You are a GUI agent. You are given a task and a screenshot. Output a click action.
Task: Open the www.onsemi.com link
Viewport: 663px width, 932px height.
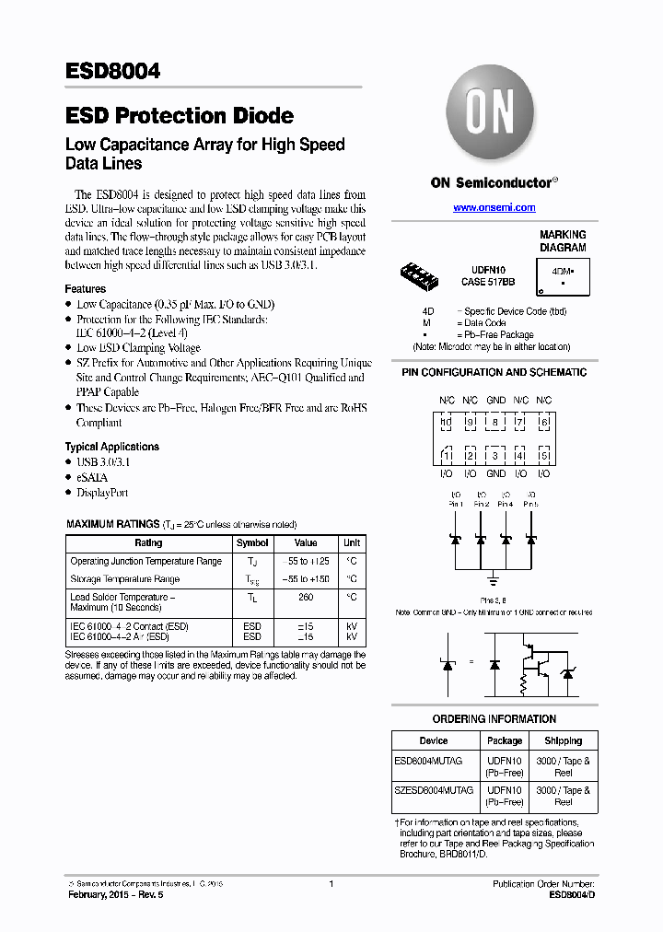coord(494,208)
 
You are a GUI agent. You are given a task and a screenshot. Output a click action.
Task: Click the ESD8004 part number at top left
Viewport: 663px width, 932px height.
coord(112,71)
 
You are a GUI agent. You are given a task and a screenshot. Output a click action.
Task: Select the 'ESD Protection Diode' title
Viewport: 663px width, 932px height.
coord(180,116)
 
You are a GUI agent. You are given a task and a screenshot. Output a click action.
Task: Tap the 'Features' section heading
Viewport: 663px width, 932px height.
coord(85,289)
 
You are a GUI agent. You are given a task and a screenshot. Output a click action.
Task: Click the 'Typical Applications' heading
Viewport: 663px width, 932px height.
coord(111,447)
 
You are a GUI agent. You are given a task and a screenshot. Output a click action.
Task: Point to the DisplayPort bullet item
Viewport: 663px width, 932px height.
coord(102,493)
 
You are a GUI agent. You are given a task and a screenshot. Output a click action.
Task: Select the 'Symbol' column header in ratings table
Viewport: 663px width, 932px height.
coord(252,543)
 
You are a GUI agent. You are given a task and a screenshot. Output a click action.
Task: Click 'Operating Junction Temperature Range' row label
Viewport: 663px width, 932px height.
coord(145,561)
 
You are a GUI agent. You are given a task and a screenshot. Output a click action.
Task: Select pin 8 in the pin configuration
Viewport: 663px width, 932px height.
coord(495,422)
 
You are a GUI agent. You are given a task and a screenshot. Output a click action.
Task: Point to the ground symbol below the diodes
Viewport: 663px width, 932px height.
coord(494,580)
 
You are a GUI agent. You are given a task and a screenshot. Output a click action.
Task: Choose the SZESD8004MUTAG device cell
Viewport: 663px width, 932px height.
coord(434,790)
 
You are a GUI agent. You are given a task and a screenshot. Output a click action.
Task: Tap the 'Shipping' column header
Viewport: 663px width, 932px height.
coord(563,740)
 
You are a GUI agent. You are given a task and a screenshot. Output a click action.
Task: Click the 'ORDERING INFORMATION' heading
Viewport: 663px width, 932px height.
coord(494,719)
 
